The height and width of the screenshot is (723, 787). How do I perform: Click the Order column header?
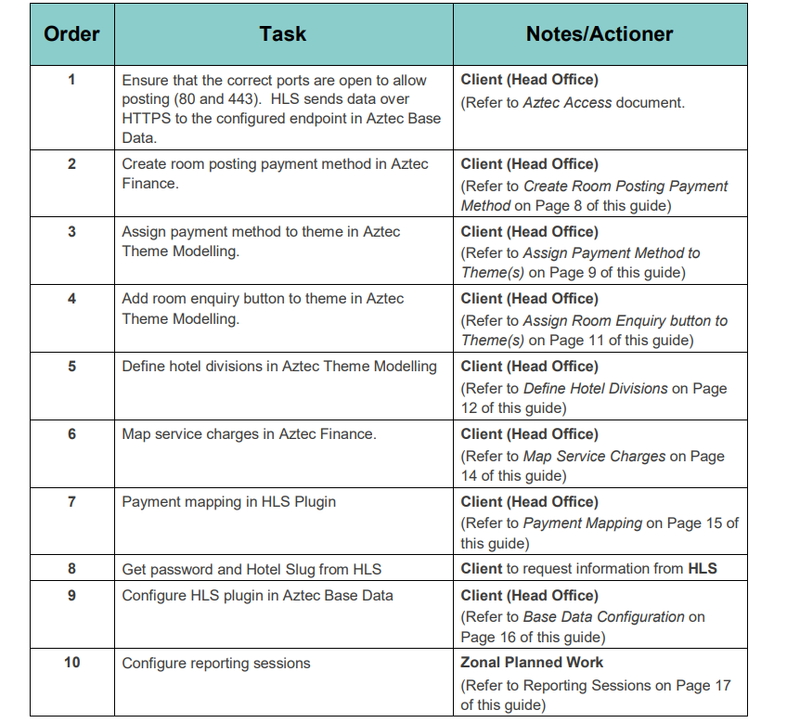pyautogui.click(x=71, y=34)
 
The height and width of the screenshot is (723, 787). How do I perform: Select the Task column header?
pyautogui.click(x=283, y=34)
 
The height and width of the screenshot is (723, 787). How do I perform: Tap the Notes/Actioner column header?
pyautogui.click(x=600, y=34)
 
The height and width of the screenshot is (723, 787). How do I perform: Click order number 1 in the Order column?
pyautogui.click(x=71, y=80)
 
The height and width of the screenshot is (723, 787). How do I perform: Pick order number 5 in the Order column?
pyautogui.click(x=71, y=367)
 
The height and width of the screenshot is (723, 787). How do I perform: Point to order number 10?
pyautogui.click(x=71, y=663)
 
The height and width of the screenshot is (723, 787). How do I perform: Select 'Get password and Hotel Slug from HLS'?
pyautogui.click(x=252, y=569)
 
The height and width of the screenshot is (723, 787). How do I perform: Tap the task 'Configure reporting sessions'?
pyautogui.click(x=216, y=663)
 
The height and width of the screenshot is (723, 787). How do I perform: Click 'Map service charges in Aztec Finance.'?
pyautogui.click(x=249, y=434)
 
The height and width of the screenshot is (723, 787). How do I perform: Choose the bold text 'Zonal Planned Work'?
pyautogui.click(x=532, y=663)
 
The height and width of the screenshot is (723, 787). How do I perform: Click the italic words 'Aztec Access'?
pyautogui.click(x=567, y=103)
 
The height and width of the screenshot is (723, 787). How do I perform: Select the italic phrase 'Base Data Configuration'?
pyautogui.click(x=604, y=617)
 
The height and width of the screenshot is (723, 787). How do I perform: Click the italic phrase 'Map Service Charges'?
pyautogui.click(x=594, y=457)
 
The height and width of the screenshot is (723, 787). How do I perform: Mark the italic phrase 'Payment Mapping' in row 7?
pyautogui.click(x=583, y=523)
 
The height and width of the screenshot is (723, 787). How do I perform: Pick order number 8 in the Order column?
pyautogui.click(x=71, y=569)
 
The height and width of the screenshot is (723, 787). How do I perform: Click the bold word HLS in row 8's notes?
pyautogui.click(x=703, y=569)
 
